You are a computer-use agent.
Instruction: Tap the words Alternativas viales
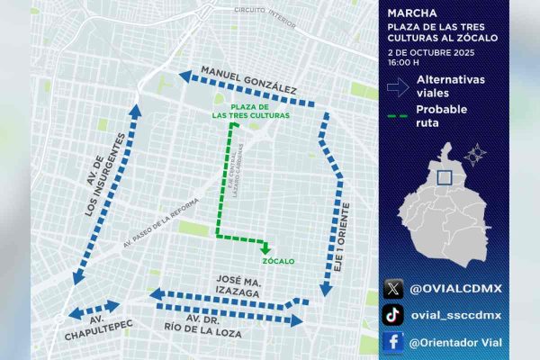[x=450, y=85]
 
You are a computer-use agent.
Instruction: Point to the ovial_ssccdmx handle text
[x=455, y=315]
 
